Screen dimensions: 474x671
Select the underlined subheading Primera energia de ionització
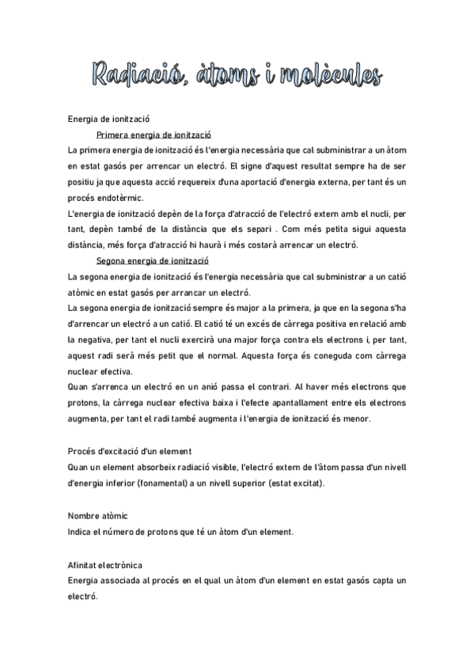pos(158,135)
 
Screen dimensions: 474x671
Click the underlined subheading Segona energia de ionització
pos(158,260)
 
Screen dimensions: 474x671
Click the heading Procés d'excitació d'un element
pos(130,451)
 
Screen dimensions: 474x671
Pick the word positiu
pos(83,182)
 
